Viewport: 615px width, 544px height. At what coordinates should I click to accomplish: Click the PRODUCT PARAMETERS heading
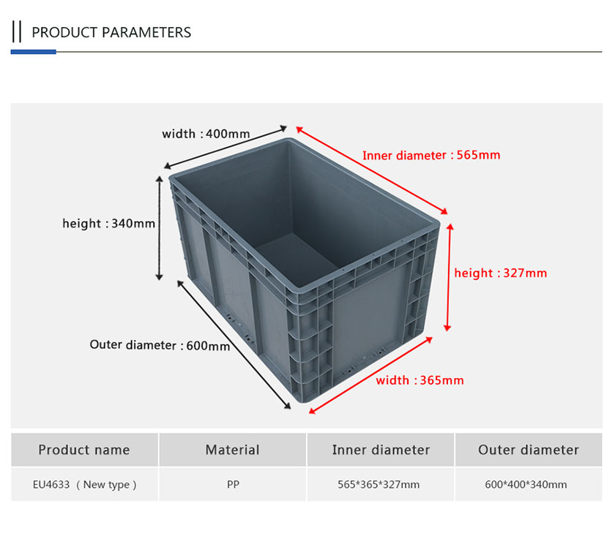[x=111, y=32]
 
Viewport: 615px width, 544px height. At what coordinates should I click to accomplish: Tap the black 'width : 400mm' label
[x=206, y=134]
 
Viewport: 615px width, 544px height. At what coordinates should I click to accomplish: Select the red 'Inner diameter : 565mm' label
[x=431, y=155]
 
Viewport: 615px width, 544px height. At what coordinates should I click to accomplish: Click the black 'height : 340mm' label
[x=108, y=223]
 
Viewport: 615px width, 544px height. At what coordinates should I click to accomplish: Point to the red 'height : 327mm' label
[x=501, y=273]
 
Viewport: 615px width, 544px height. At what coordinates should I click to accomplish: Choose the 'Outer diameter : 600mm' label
[x=160, y=345]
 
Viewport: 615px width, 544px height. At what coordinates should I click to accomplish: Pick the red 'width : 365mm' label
[x=420, y=380]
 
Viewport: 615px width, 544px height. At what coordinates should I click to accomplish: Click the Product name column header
[x=84, y=450]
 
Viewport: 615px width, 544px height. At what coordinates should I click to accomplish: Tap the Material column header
[x=233, y=450]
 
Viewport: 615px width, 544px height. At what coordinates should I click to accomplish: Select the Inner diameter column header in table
[x=381, y=450]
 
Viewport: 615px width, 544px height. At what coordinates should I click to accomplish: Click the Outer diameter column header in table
[x=529, y=450]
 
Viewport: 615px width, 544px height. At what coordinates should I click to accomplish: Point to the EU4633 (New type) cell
[x=85, y=485]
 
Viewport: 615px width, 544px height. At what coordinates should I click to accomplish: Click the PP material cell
[x=233, y=485]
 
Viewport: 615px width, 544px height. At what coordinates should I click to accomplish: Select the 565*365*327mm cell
[x=379, y=485]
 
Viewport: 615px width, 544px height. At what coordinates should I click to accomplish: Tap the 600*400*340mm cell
[x=526, y=485]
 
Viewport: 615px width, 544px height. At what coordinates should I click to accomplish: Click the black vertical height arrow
[x=160, y=228]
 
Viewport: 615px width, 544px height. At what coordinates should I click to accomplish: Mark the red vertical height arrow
[x=449, y=277]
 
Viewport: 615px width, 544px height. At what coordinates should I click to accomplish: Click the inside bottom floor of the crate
[x=297, y=260]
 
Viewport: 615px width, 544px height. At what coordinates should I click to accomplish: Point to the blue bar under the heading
[x=34, y=52]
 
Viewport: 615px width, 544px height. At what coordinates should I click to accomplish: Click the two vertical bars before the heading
[x=16, y=31]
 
